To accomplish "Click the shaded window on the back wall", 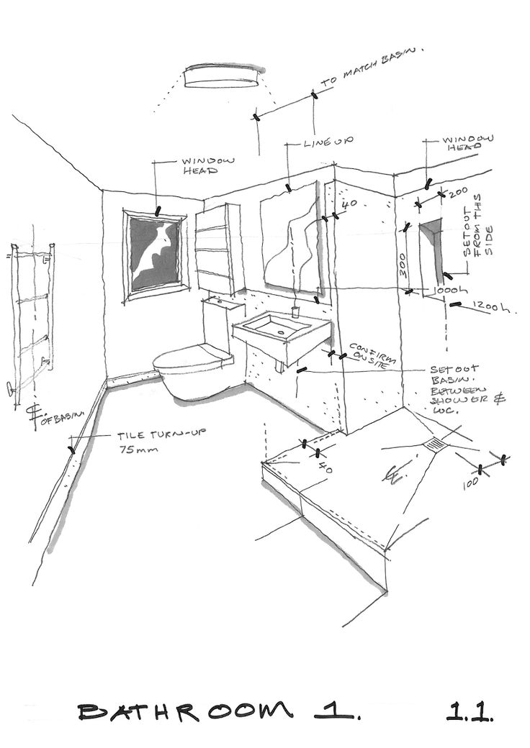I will point(156,254).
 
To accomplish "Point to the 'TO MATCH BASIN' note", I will point(372,68).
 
